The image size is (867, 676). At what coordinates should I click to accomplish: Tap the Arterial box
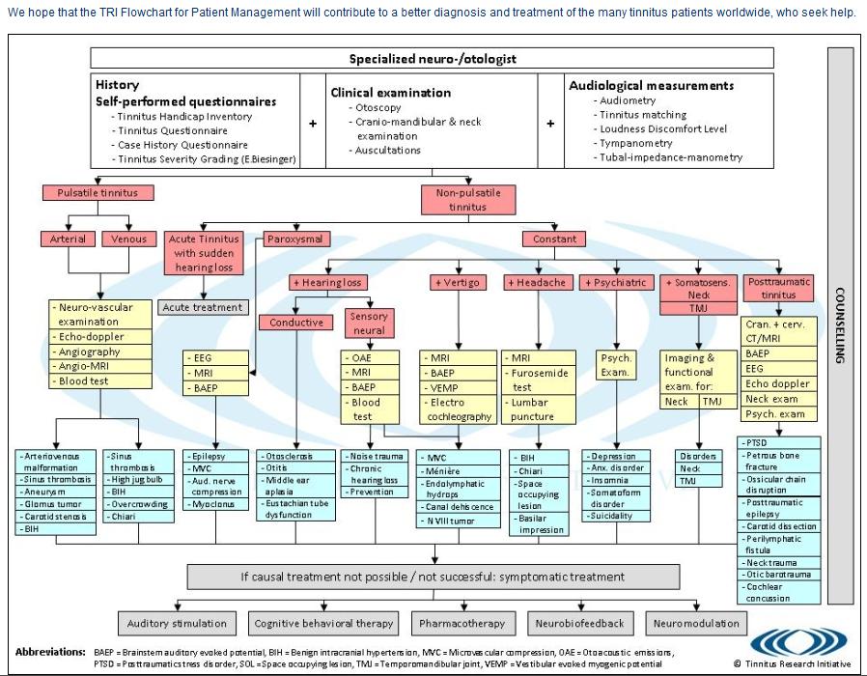68,239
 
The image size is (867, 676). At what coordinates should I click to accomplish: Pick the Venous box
128,239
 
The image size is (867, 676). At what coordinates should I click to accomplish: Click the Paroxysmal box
296,239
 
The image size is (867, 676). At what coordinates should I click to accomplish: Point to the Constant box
554,239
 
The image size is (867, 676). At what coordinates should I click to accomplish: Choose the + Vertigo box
458,282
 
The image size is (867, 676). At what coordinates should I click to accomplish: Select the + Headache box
537,282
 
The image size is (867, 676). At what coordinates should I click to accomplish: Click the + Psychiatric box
614,282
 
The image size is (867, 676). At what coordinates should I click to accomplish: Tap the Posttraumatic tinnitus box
779,288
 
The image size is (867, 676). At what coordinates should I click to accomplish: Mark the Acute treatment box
203,307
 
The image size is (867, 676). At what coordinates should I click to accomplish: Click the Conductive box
296,322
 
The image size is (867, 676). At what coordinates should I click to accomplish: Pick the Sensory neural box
369,323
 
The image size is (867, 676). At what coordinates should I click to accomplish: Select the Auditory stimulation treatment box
177,623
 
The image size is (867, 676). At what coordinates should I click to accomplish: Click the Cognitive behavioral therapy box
323,623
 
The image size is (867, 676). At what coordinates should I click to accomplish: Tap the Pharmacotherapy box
462,623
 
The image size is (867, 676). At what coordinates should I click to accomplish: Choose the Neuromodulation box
696,623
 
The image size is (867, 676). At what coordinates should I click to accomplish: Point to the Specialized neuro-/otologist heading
433,58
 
